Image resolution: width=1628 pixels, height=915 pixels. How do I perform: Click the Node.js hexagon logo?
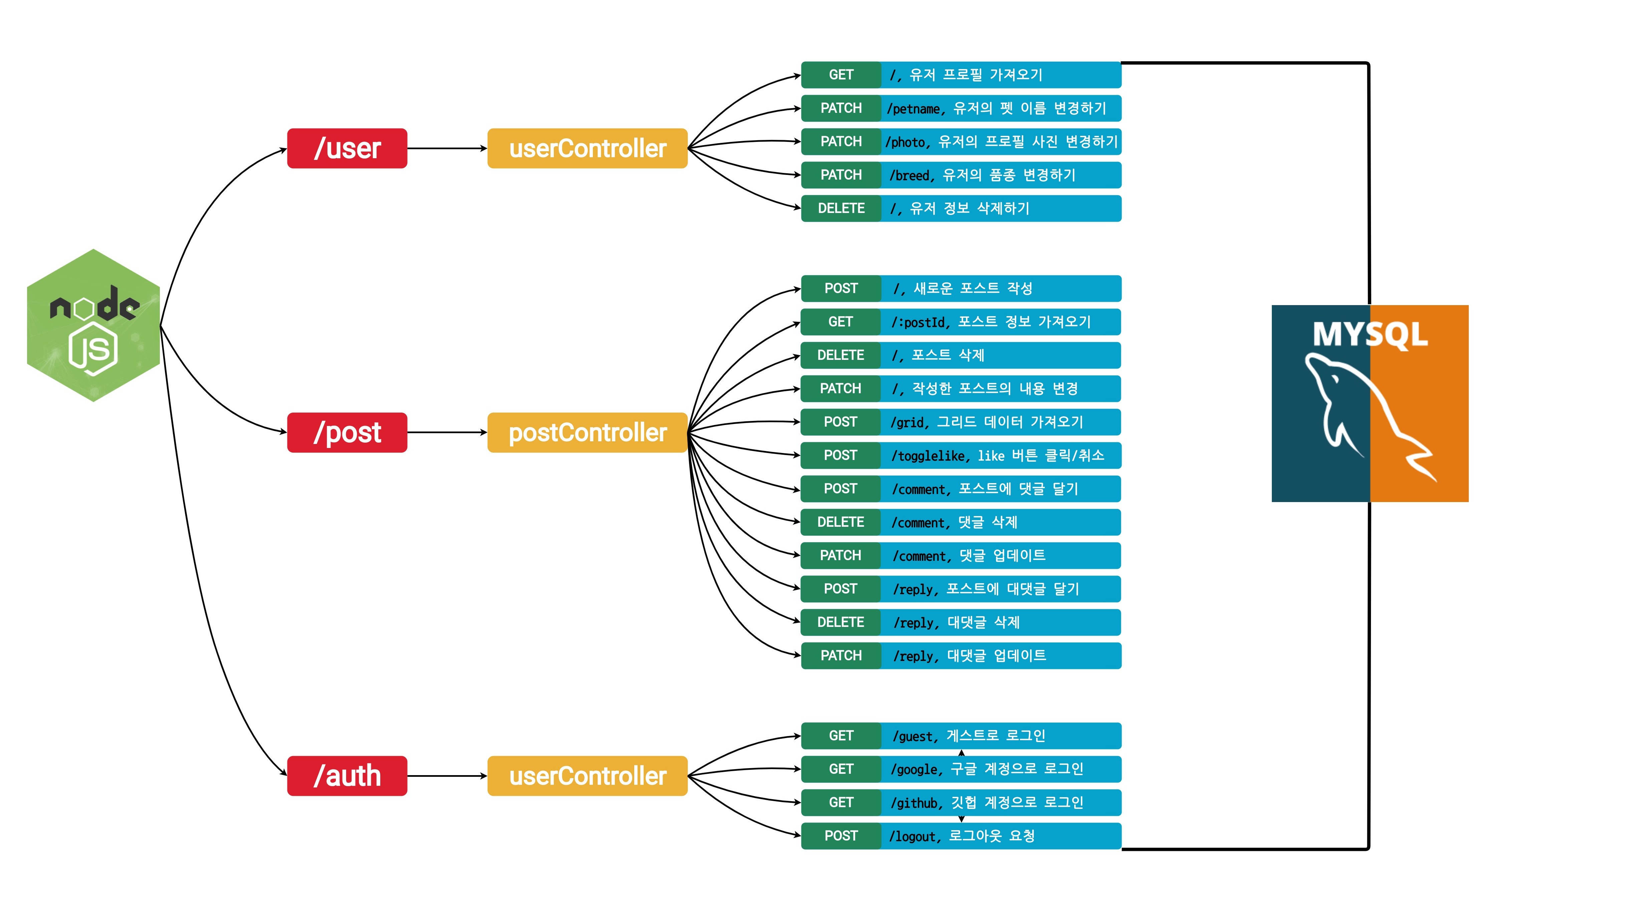93,325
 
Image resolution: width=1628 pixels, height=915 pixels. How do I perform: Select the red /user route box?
347,149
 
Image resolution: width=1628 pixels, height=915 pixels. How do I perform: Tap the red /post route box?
347,432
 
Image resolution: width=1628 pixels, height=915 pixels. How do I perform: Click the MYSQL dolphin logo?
1370,403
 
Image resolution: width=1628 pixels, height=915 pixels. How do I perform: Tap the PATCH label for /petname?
841,108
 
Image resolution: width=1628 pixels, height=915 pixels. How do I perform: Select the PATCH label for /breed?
841,175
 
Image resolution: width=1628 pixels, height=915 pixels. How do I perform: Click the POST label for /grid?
841,422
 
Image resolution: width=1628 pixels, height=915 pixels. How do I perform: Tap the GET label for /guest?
841,735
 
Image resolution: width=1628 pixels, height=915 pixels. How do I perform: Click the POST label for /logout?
841,836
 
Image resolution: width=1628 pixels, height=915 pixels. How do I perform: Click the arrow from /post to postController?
447,432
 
